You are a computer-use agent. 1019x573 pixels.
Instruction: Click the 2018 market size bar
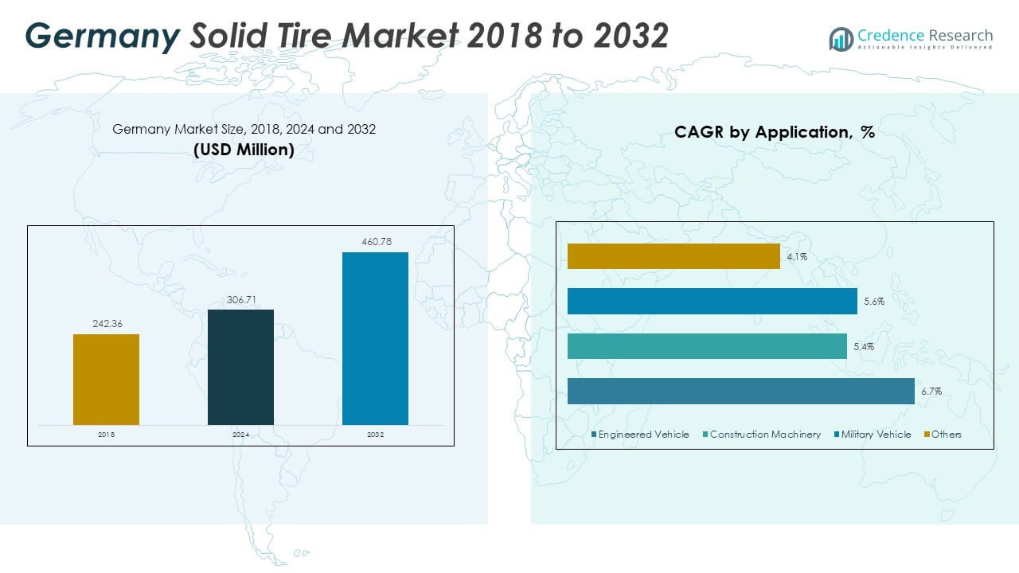click(x=106, y=379)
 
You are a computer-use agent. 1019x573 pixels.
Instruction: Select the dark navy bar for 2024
click(x=240, y=367)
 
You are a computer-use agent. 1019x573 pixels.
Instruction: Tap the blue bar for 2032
click(x=375, y=338)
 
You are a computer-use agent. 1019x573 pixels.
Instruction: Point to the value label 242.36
click(x=106, y=325)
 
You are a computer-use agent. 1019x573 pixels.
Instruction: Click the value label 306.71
click(x=240, y=300)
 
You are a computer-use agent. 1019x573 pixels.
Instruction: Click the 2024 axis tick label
click(x=240, y=435)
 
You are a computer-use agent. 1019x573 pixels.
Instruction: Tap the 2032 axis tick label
click(x=375, y=435)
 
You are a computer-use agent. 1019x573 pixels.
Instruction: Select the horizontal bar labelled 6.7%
click(x=740, y=392)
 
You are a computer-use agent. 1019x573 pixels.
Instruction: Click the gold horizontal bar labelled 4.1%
click(x=673, y=256)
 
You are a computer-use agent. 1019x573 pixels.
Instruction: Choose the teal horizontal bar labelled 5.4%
click(x=707, y=346)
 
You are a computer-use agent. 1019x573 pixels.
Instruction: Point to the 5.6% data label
click(x=873, y=302)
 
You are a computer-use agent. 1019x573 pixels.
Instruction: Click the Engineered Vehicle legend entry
click(x=640, y=435)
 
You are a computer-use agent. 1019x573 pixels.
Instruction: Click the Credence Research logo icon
click(x=841, y=38)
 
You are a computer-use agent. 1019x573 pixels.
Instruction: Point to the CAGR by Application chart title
click(x=774, y=132)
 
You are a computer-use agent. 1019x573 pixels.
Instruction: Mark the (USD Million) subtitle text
click(x=244, y=149)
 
